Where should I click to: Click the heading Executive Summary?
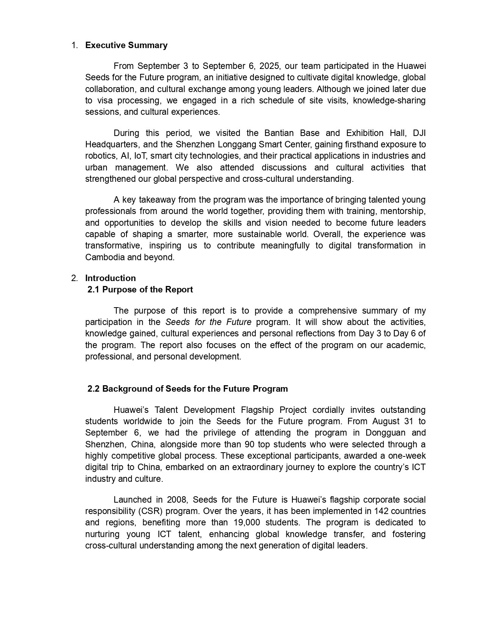click(126, 45)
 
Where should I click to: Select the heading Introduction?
click(110, 278)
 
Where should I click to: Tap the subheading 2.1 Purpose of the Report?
click(140, 289)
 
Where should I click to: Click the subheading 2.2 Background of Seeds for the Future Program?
click(188, 389)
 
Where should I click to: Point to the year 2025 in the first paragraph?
click(270, 66)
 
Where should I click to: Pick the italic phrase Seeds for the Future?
click(208, 322)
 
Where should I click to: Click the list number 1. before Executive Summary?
click(75, 45)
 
